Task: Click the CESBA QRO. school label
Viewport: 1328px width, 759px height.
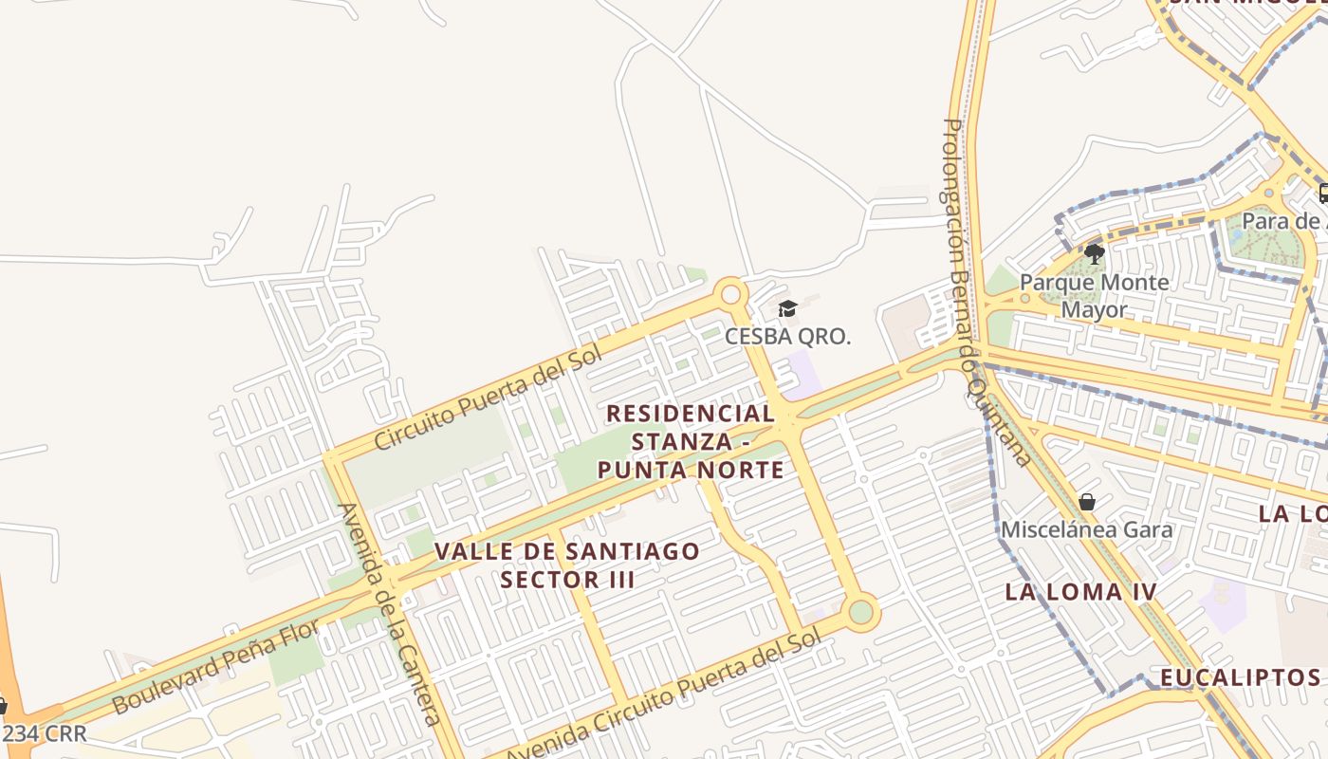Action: point(787,336)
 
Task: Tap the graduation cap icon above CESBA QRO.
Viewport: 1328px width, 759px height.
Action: point(787,308)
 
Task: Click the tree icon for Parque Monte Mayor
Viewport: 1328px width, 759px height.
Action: point(1095,253)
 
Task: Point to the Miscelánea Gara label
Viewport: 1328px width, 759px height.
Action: point(1087,529)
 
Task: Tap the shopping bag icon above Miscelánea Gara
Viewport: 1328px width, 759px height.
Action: point(1087,501)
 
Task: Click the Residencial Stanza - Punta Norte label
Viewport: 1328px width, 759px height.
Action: point(691,441)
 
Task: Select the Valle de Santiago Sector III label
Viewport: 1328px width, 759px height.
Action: point(567,565)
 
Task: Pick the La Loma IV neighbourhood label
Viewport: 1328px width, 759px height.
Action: point(1080,592)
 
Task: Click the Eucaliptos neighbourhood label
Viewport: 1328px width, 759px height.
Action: point(1240,676)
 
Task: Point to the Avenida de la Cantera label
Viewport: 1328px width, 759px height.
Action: point(390,614)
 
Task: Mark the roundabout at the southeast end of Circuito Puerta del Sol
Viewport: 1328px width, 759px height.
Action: point(860,612)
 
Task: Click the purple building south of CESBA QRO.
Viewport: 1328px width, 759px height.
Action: point(802,374)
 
